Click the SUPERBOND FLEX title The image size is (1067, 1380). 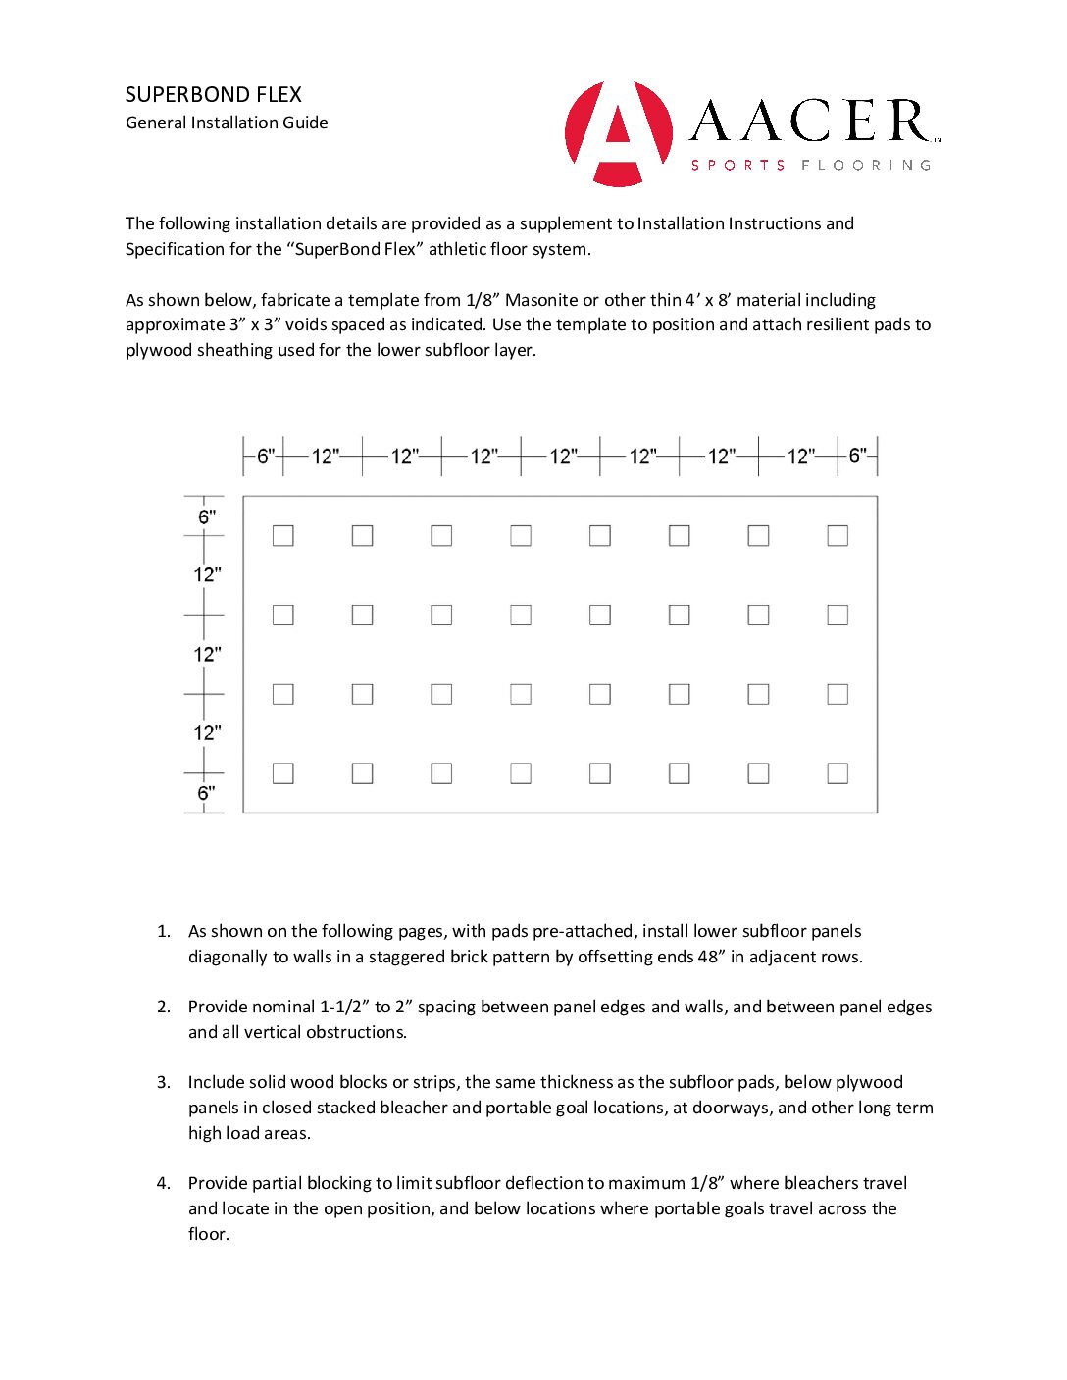[214, 95]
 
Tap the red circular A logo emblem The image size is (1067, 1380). [619, 133]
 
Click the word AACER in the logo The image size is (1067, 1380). [811, 122]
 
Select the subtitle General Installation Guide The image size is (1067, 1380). [227, 123]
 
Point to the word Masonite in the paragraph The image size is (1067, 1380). [541, 300]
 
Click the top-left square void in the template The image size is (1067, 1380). [283, 536]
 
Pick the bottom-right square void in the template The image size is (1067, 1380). [838, 773]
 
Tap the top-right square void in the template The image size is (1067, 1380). [838, 536]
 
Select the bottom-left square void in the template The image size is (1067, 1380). [283, 773]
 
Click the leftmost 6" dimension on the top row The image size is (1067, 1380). [265, 456]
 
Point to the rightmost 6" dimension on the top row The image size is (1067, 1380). [858, 456]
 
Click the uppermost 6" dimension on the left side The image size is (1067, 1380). [206, 517]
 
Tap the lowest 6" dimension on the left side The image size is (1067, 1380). [206, 793]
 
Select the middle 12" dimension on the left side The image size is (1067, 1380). [207, 654]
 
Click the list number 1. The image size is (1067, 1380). [163, 931]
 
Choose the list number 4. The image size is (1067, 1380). [163, 1183]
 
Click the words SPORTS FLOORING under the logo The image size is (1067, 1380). [811, 165]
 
